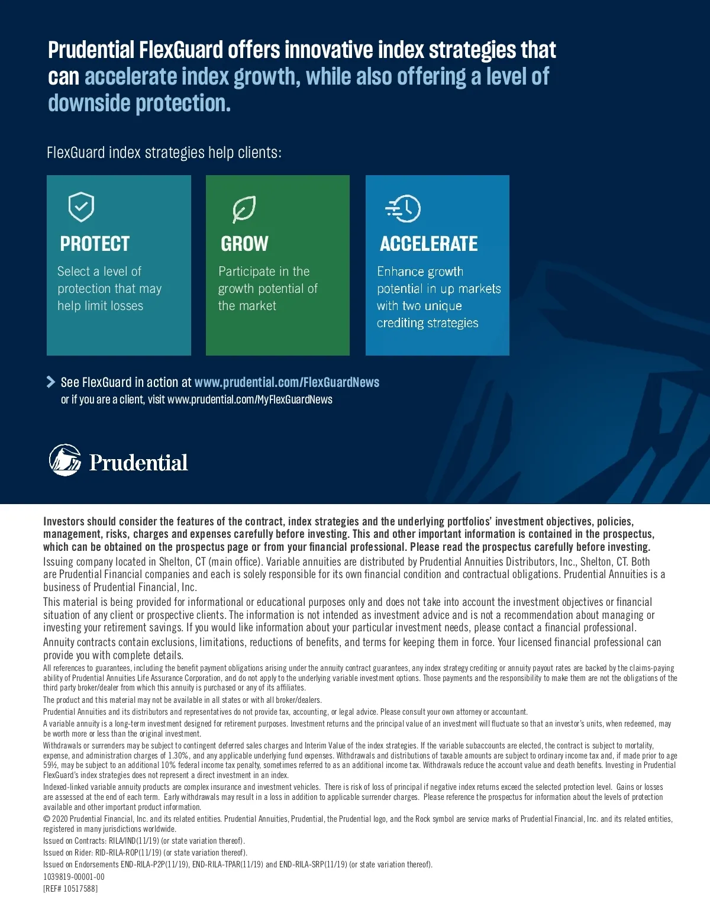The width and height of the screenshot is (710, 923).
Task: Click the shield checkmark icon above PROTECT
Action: point(82,206)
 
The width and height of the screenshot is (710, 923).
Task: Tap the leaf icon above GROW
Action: point(243,209)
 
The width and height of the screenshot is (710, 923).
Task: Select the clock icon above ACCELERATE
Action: point(404,208)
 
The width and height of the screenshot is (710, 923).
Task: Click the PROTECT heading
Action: point(95,244)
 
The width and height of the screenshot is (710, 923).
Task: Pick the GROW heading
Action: point(244,244)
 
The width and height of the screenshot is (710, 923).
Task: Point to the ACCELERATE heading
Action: point(429,244)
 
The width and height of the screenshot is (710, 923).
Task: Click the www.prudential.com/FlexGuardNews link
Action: point(287,382)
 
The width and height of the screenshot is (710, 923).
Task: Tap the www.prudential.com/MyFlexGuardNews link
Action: point(250,399)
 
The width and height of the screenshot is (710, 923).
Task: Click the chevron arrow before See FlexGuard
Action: point(51,382)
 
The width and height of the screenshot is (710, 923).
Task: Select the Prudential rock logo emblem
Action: point(65,460)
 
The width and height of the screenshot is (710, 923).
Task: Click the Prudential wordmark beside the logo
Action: point(138,463)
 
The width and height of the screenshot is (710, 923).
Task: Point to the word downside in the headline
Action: point(89,104)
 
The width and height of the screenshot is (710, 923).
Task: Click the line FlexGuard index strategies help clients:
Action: point(164,153)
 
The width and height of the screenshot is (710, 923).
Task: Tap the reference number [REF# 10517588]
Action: point(70,889)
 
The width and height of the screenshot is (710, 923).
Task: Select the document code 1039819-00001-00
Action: point(74,877)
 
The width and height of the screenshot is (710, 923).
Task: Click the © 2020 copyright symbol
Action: point(47,819)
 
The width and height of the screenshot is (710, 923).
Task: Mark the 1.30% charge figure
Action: point(178,756)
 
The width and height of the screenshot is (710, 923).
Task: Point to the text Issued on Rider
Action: point(68,853)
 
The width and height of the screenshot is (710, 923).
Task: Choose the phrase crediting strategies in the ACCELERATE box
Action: point(427,323)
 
